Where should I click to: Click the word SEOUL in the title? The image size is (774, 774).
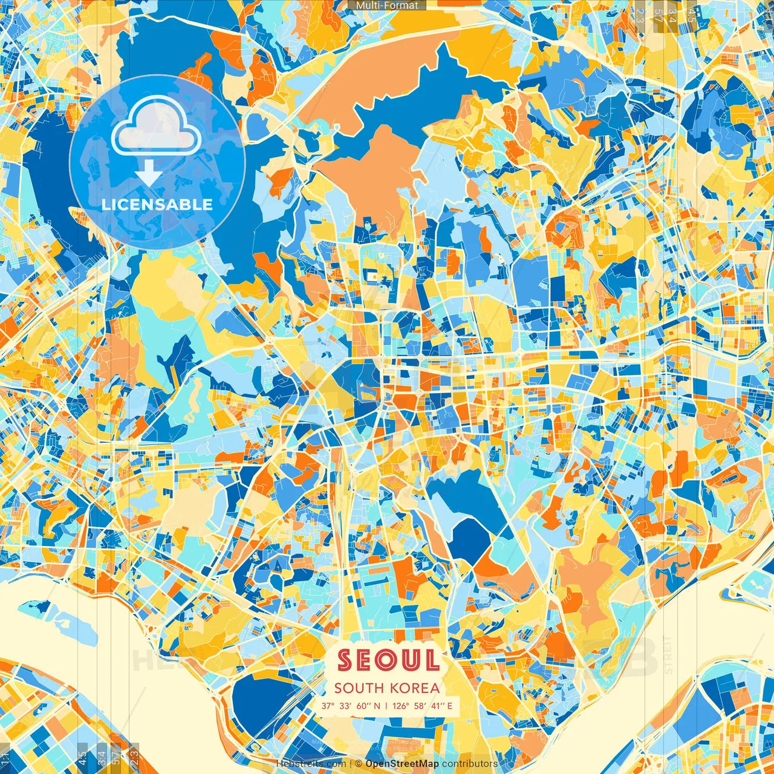point(388,660)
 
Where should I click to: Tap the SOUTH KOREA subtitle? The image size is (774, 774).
point(387,688)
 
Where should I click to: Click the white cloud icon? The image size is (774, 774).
point(156,127)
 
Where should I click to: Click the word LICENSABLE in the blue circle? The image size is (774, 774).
point(157,204)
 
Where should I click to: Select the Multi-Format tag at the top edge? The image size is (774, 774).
point(387,5)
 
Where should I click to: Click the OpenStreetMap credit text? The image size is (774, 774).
point(402,764)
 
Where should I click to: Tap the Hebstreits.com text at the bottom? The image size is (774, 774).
point(311,764)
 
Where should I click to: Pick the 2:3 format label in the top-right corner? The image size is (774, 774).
point(640,13)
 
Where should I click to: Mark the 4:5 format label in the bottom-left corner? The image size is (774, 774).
point(82,756)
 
